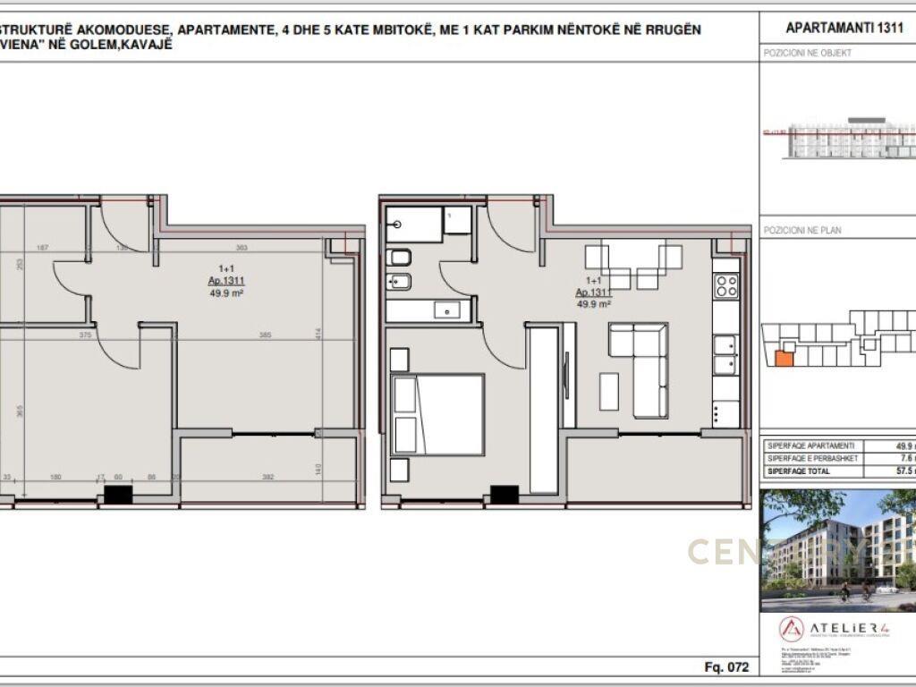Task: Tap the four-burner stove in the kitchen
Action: [725, 286]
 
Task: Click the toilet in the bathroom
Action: [400, 259]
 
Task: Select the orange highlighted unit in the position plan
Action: [783, 358]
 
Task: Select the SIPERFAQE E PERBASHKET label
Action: [812, 458]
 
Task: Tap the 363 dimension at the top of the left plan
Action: [241, 248]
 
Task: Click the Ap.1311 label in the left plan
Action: [226, 280]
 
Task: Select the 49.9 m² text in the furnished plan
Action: [594, 304]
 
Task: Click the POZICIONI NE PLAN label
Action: [801, 230]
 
